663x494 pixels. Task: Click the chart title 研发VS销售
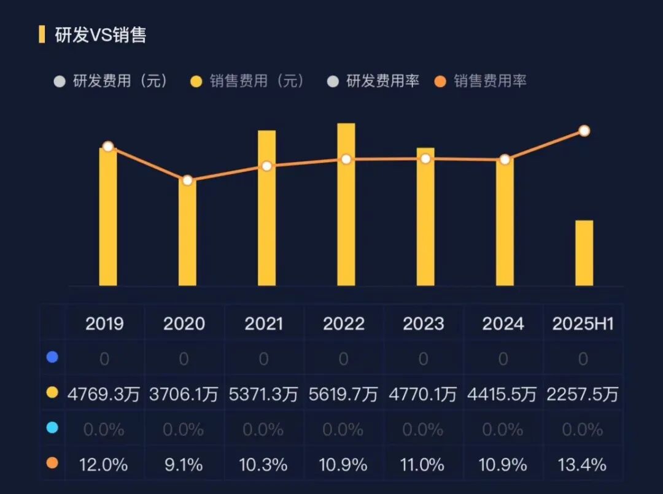click(x=101, y=35)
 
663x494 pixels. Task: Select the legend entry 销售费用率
click(x=489, y=81)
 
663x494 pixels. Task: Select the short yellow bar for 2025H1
click(x=584, y=253)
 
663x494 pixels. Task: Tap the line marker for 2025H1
click(x=584, y=131)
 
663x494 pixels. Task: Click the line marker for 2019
click(x=108, y=147)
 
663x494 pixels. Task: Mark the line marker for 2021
click(x=266, y=166)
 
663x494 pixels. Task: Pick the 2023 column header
click(x=424, y=324)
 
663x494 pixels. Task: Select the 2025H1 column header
click(x=583, y=324)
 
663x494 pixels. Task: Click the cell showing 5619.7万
click(x=344, y=394)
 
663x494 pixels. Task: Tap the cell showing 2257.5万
click(x=583, y=394)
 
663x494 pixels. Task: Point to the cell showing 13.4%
click(x=583, y=465)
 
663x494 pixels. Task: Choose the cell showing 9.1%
click(x=184, y=465)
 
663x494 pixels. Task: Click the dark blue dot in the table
click(x=52, y=357)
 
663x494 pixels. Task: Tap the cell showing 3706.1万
click(x=184, y=394)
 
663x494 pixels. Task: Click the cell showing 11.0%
click(x=424, y=465)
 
